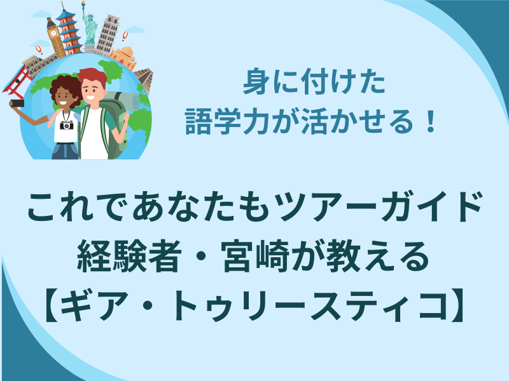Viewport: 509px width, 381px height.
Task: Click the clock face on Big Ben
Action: click(x=53, y=33)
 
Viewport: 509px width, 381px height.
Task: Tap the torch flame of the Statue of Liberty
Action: click(x=83, y=3)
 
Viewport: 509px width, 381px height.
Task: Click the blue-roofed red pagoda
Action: click(x=69, y=30)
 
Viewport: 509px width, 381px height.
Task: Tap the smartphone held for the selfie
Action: click(x=17, y=103)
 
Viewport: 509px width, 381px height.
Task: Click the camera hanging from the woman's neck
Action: click(x=67, y=124)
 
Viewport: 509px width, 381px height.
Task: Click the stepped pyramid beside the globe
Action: click(x=144, y=79)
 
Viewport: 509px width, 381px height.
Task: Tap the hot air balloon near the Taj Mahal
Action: click(x=125, y=36)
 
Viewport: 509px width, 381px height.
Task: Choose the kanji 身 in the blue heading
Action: click(x=256, y=82)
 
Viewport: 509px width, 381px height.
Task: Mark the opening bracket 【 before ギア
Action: click(x=52, y=307)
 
